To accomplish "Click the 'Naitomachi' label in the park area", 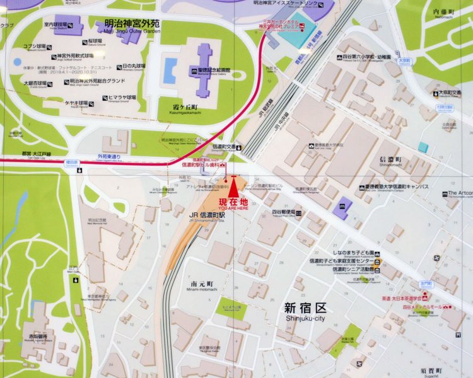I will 444,13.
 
